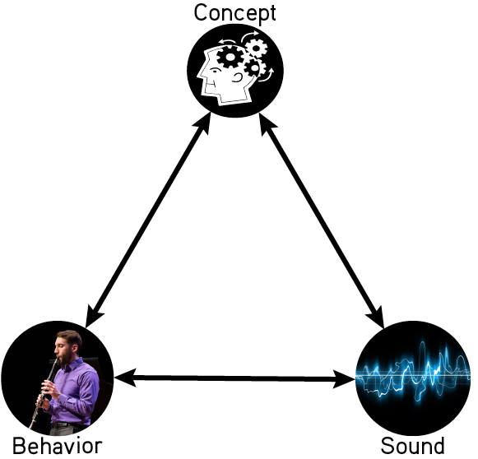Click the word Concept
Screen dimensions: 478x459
pyautogui.click(x=234, y=13)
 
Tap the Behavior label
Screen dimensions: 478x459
pyautogui.click(x=58, y=447)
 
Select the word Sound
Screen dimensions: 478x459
pyautogui.click(x=412, y=447)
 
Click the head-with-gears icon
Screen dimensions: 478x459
pyautogui.click(x=235, y=70)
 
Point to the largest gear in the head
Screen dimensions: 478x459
pyautogui.click(x=230, y=57)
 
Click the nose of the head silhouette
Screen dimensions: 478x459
pyautogui.click(x=200, y=76)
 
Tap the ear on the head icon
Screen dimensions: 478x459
pyautogui.click(x=237, y=78)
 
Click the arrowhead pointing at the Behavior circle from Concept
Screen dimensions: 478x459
pyautogui.click(x=92, y=316)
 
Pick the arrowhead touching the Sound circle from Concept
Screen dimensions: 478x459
pyautogui.click(x=376, y=317)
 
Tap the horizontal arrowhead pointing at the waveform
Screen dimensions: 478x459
pyautogui.click(x=344, y=379)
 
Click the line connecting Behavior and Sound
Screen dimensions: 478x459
pyautogui.click(x=234, y=378)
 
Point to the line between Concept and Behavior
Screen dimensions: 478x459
pyautogui.click(x=148, y=220)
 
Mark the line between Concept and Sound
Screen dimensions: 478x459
pyautogui.click(x=322, y=220)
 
